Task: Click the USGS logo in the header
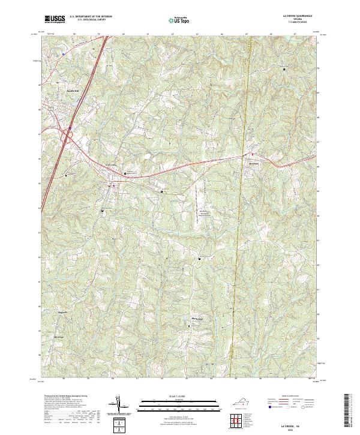pos(55,19)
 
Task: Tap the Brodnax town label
pos(254,162)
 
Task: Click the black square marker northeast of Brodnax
pos(284,70)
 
